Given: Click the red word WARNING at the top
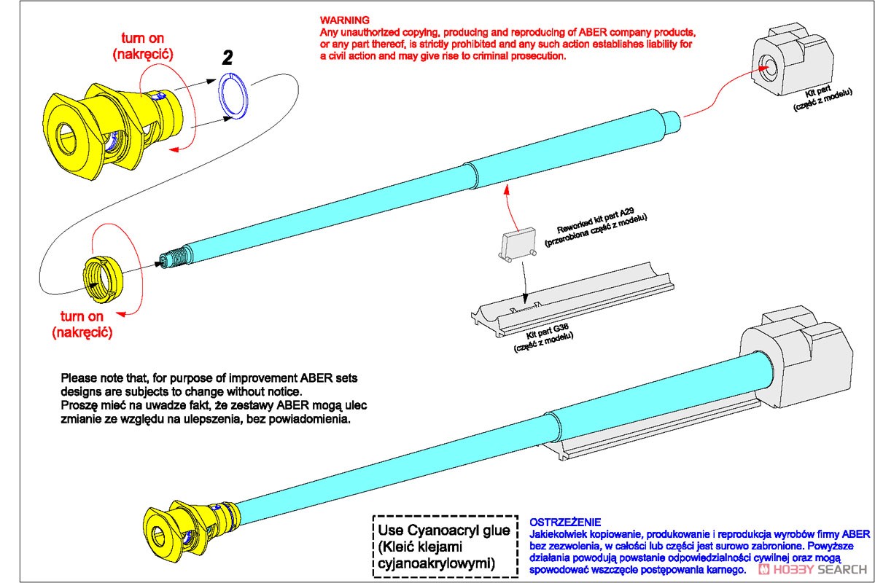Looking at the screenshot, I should [x=345, y=20].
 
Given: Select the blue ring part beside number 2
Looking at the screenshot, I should [x=235, y=95].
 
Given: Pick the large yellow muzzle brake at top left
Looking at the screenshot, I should [x=109, y=128].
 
